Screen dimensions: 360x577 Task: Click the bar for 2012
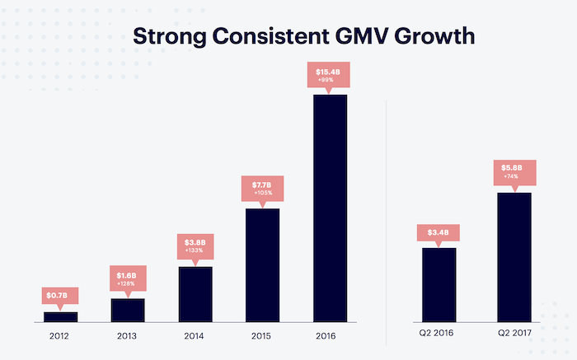pyautogui.click(x=60, y=316)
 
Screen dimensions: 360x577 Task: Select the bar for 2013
pyautogui.click(x=128, y=310)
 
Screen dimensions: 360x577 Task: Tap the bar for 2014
pyautogui.click(x=195, y=294)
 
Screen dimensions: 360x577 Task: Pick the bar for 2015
pyautogui.click(x=263, y=264)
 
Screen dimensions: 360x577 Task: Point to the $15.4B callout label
pyautogui.click(x=331, y=76)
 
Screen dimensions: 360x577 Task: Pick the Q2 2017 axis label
pyautogui.click(x=514, y=334)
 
